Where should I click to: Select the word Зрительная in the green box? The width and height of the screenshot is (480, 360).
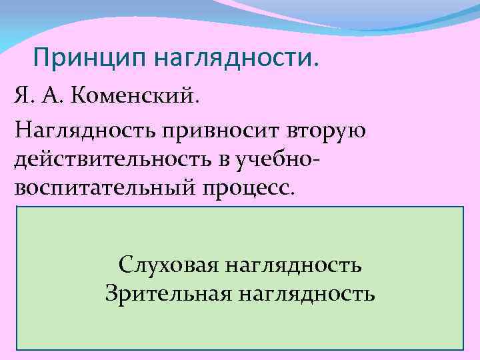click(x=166, y=293)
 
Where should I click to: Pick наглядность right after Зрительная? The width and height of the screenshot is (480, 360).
click(x=305, y=293)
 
